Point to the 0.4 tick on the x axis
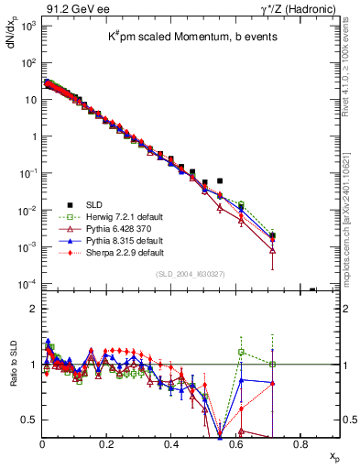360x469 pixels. click(x=171, y=444)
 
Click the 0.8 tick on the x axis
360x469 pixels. click(x=300, y=444)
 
